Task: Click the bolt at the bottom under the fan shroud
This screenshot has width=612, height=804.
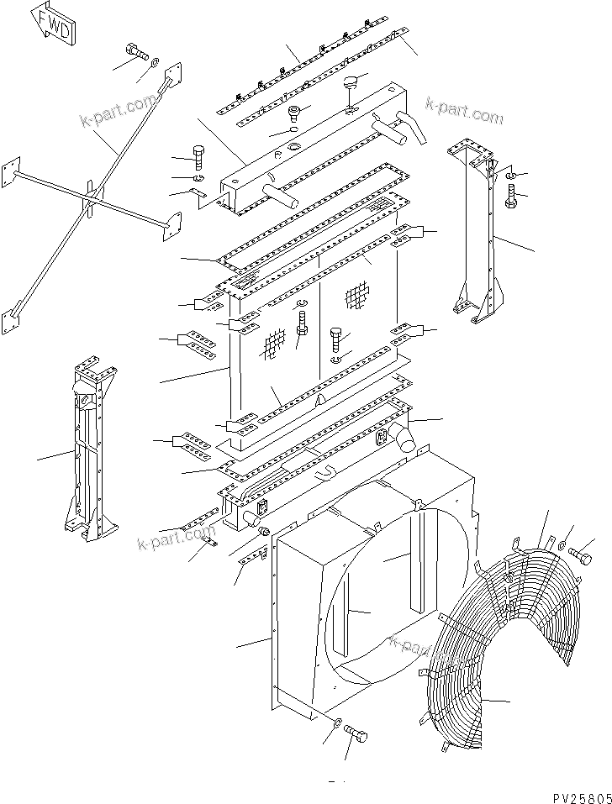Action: [x=356, y=733]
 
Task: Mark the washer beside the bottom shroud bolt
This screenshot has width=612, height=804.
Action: [x=335, y=724]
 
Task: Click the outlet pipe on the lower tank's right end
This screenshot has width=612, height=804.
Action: [x=401, y=439]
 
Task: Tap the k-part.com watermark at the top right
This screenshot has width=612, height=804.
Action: [x=464, y=110]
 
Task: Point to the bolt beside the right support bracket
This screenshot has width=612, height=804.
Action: [x=512, y=198]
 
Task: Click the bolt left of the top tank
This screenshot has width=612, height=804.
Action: [x=198, y=155]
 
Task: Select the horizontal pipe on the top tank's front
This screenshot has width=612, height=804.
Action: [x=281, y=195]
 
